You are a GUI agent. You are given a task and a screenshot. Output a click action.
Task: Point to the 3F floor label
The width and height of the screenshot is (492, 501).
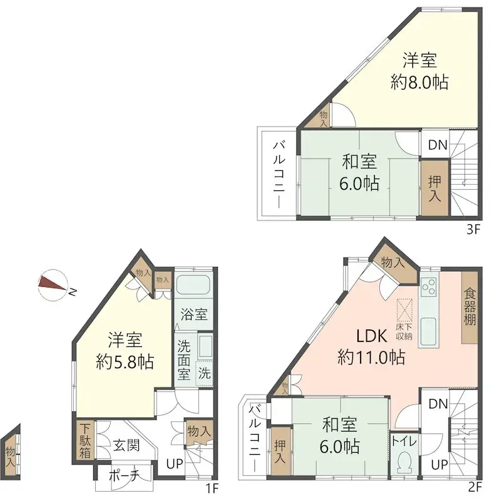click(473, 229)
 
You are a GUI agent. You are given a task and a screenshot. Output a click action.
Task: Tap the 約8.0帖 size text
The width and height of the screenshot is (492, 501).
click(419, 82)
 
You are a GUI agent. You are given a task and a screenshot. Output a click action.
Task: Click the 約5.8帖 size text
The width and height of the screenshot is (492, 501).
click(125, 361)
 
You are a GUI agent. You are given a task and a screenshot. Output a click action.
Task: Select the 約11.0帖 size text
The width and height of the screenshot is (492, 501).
click(371, 358)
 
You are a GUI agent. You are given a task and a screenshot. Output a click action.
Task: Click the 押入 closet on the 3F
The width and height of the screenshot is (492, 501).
click(434, 188)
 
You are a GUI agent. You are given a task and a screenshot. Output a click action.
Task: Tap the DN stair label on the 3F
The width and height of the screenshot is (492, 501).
click(437, 145)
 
